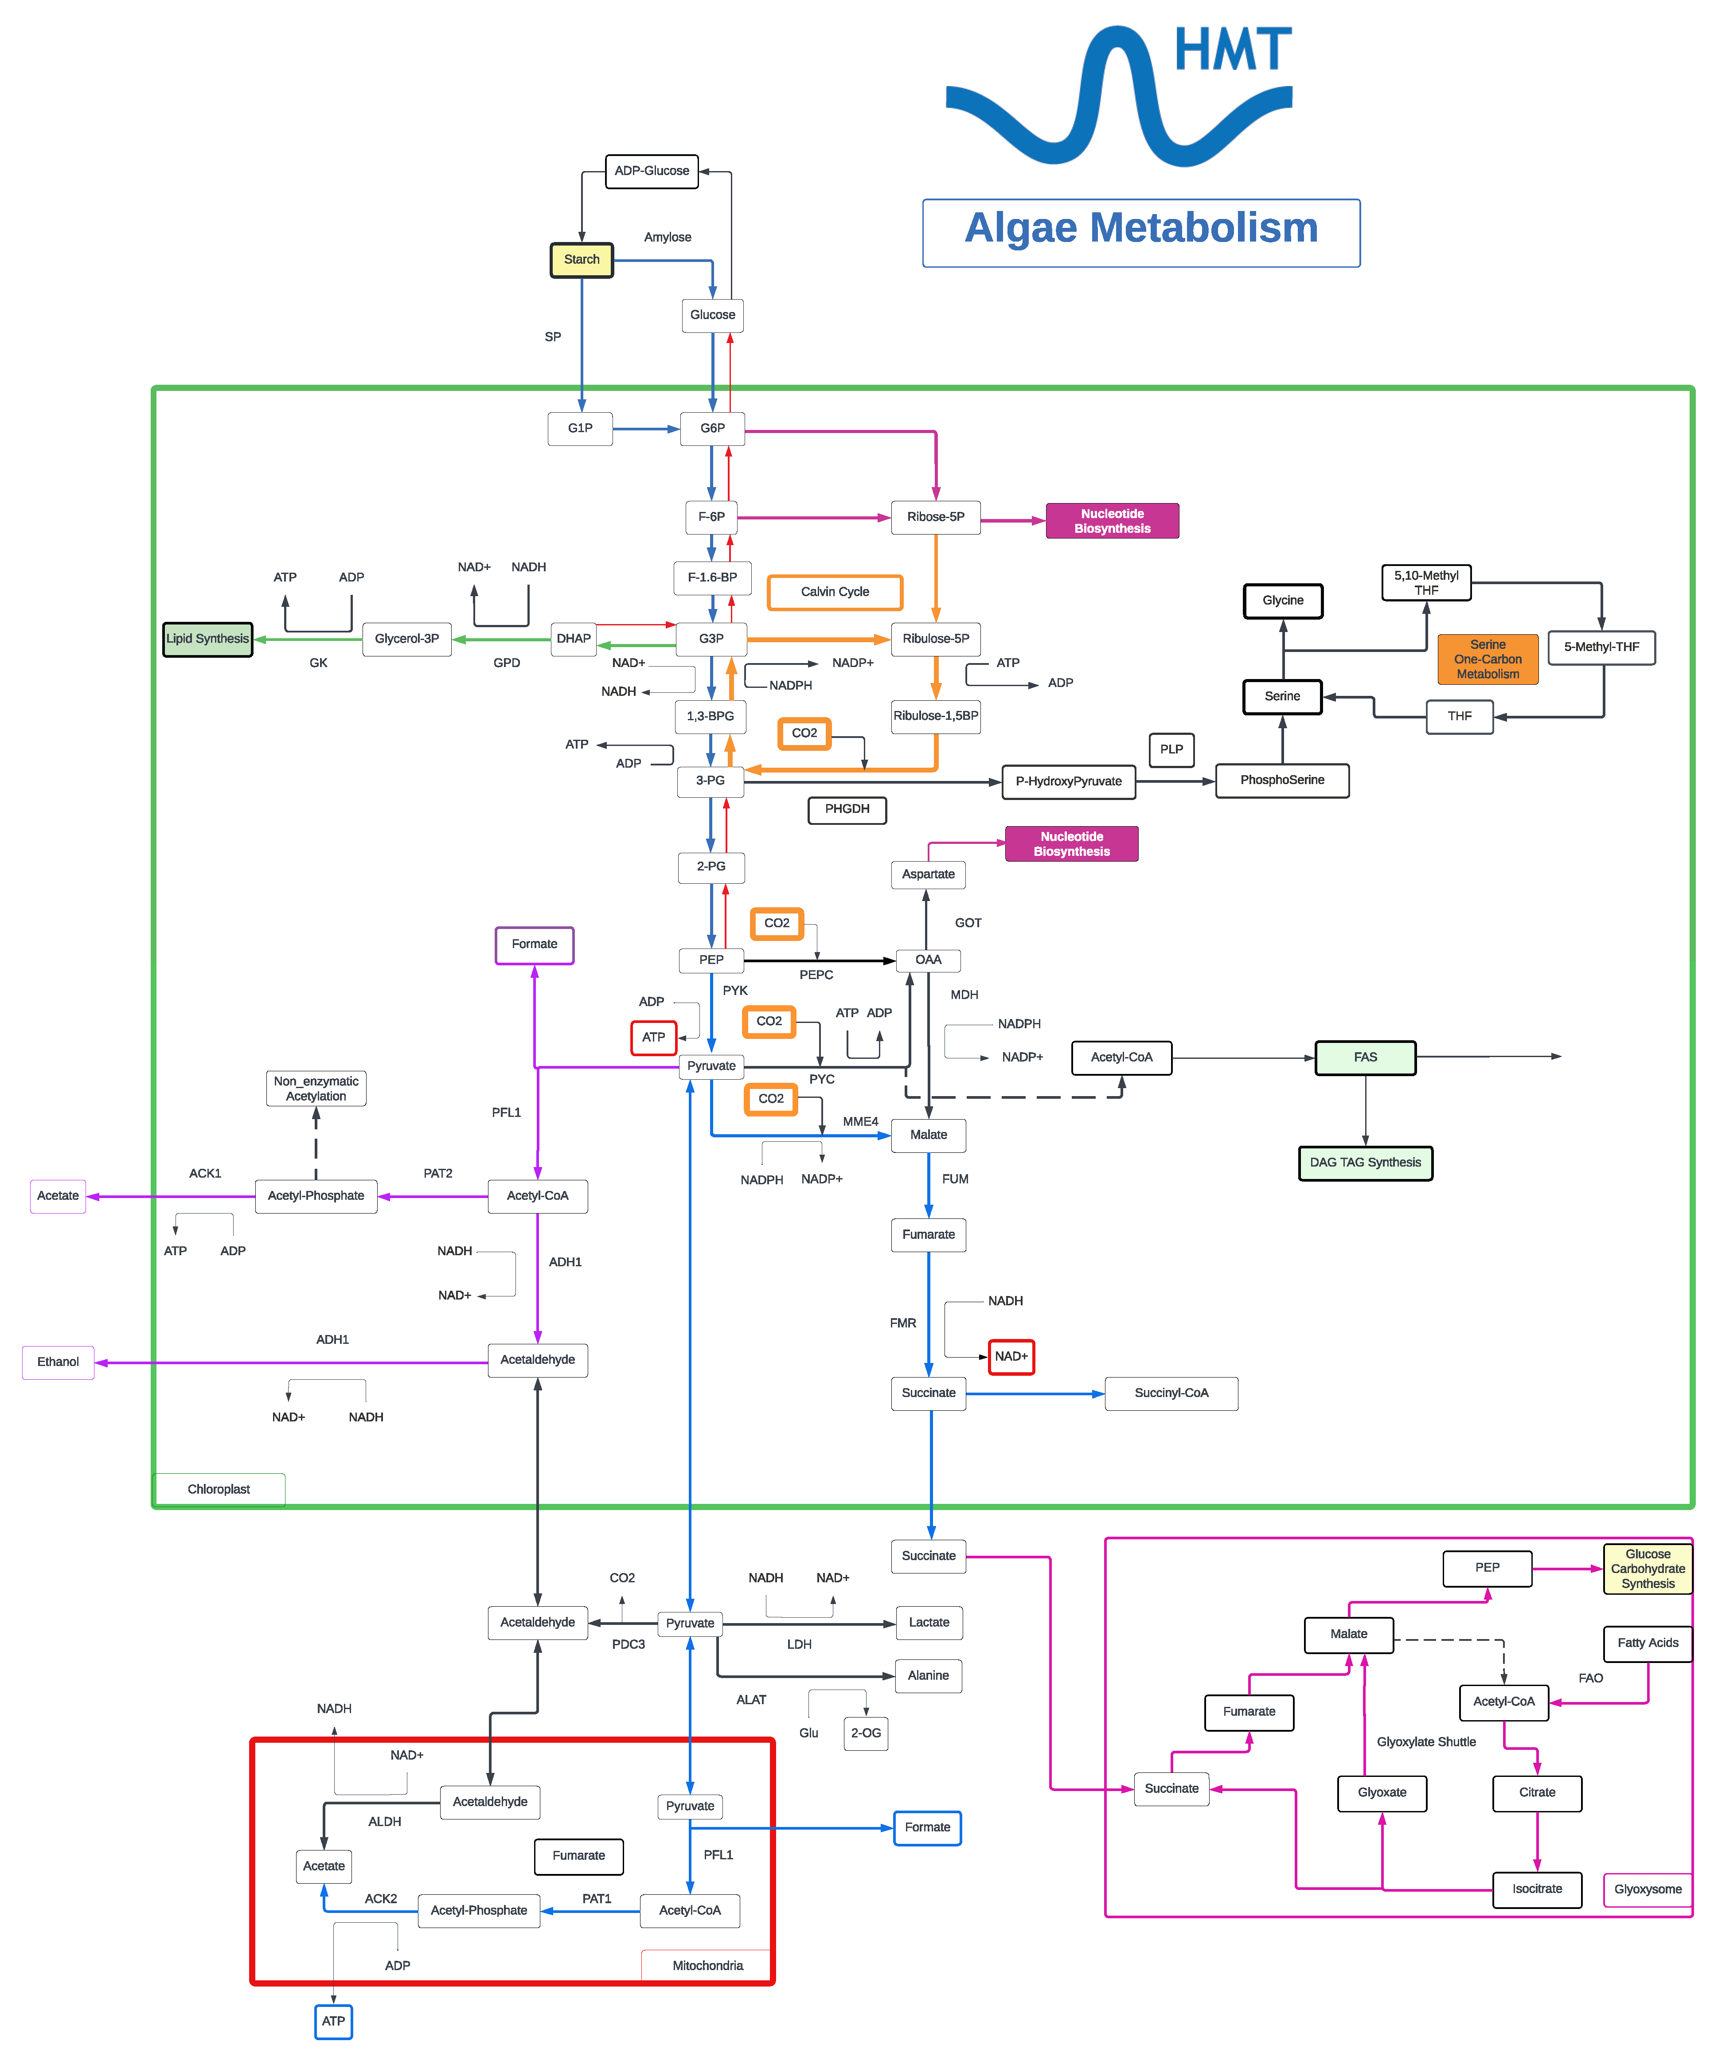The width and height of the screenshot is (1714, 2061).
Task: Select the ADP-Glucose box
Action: (x=652, y=171)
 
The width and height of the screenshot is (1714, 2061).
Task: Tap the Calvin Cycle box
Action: (x=835, y=592)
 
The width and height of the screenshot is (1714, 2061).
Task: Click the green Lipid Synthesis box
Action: (x=207, y=639)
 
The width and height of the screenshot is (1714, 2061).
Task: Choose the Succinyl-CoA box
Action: (x=1171, y=1394)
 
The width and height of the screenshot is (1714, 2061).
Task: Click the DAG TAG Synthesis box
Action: (x=1366, y=1163)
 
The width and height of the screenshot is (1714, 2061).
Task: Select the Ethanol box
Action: (x=58, y=1362)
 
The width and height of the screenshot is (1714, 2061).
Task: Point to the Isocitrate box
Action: (x=1537, y=1889)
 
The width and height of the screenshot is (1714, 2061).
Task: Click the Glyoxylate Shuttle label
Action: (x=1426, y=1742)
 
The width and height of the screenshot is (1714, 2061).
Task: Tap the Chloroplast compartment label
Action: (x=219, y=1490)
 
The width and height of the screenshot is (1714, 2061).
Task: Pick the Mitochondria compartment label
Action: (x=708, y=1966)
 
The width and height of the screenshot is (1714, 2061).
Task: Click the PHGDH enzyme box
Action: (x=847, y=810)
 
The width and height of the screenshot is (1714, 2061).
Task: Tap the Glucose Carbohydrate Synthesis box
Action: (x=1648, y=1569)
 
